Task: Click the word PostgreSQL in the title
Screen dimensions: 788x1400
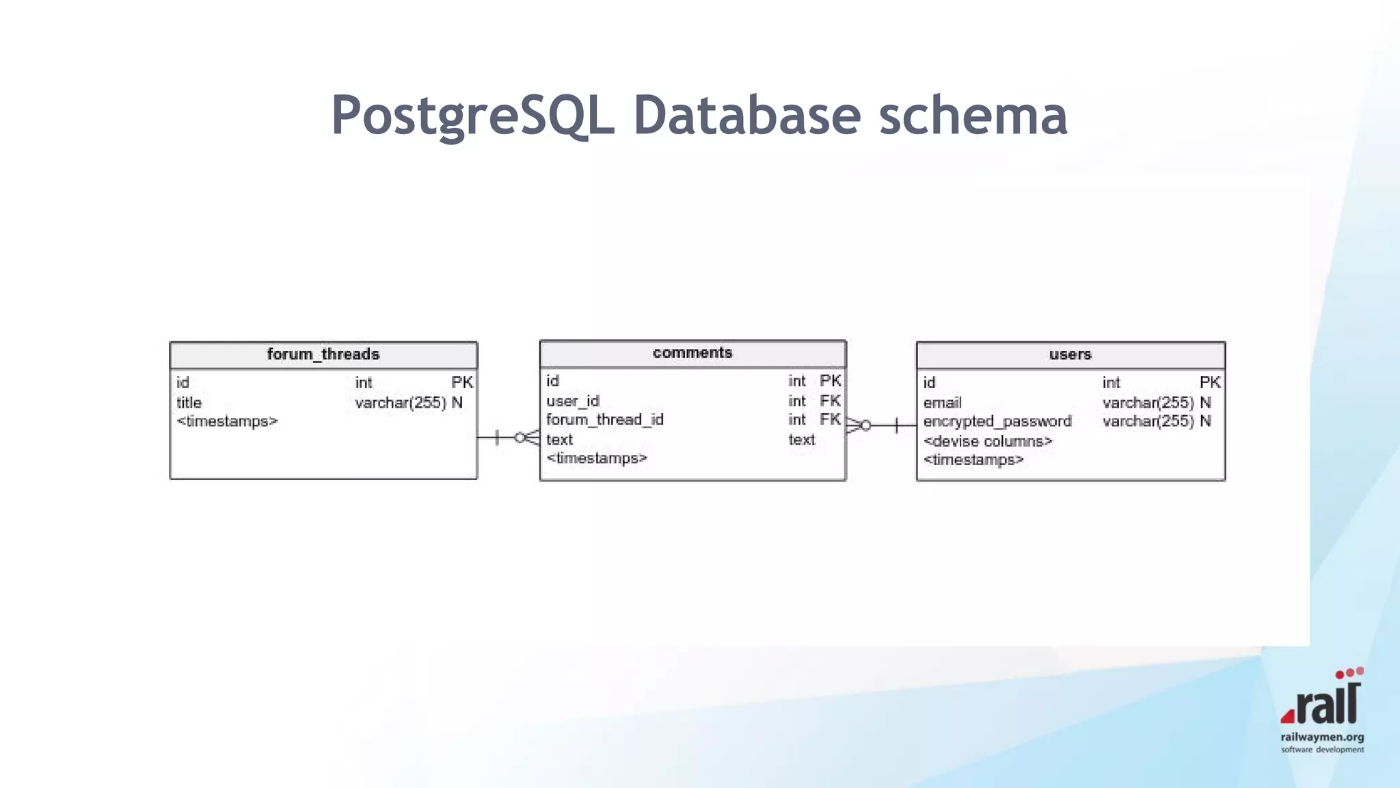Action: coord(472,115)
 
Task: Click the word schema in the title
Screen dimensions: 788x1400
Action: coord(972,115)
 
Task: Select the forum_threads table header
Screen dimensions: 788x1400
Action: coord(323,354)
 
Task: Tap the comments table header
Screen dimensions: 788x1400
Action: coord(692,353)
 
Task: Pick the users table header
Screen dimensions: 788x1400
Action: coord(1070,354)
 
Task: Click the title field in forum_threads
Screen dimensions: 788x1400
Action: coord(189,402)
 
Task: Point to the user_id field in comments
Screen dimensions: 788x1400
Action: coord(573,401)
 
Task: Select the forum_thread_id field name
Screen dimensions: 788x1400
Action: coord(605,419)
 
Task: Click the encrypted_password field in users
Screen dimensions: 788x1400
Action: coord(997,421)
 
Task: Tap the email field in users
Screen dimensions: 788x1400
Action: coord(942,402)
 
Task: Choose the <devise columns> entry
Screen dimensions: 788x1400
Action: coord(987,441)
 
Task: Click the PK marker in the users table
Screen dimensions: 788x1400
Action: coord(1209,382)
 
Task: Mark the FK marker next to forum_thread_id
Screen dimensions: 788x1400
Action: coord(830,419)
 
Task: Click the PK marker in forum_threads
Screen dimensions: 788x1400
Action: coord(462,382)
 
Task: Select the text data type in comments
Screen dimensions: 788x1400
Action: coord(801,440)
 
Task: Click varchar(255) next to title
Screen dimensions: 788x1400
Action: coord(401,402)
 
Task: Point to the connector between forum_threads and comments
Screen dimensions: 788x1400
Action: coord(508,437)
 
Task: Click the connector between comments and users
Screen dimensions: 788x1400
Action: coord(882,425)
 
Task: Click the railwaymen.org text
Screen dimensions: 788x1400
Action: coord(1322,737)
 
